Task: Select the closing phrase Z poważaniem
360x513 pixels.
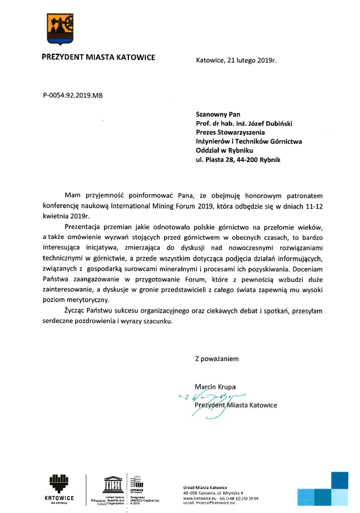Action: pos(217,359)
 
